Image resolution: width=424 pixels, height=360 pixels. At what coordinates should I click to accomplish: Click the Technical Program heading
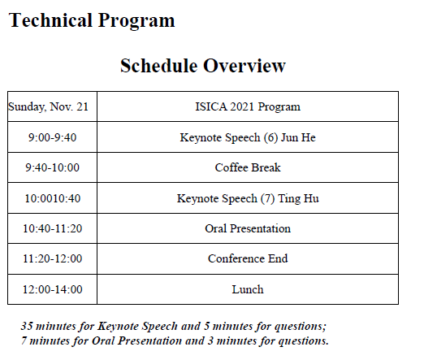pos(92,21)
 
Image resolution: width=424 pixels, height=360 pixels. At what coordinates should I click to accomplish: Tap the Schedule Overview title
pos(203,66)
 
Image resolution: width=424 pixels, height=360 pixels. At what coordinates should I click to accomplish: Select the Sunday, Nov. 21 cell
pos(48,106)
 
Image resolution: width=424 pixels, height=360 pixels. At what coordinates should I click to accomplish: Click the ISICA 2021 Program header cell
pos(248,106)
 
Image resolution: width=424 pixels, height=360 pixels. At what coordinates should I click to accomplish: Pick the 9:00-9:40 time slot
pos(52,137)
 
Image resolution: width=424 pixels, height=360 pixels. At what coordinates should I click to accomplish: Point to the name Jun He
pos(298,137)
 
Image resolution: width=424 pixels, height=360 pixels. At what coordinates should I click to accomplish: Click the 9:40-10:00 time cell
pos(52,167)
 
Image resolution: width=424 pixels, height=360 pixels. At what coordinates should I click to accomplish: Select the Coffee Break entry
pos(248,167)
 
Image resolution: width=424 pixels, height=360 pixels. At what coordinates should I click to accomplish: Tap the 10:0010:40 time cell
pos(53,198)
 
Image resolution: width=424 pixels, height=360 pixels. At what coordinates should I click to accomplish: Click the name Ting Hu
pos(298,198)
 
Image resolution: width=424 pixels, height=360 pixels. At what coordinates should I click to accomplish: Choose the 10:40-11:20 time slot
pos(52,228)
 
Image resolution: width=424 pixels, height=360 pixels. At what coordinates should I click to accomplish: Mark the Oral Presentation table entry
pos(248,228)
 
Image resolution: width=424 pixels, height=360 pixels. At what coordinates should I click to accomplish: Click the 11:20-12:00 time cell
pos(52,258)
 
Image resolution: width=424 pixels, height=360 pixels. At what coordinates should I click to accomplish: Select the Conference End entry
pos(248,258)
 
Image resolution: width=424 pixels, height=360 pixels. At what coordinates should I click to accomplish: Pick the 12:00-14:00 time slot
pos(52,289)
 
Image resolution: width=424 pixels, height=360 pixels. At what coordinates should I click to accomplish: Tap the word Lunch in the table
pos(248,289)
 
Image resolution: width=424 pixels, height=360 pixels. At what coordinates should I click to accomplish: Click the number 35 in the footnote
pos(27,326)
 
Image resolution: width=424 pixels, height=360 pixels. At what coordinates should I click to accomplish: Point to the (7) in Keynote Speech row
pos(267,198)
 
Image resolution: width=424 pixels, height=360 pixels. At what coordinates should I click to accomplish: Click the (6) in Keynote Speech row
pos(270,137)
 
